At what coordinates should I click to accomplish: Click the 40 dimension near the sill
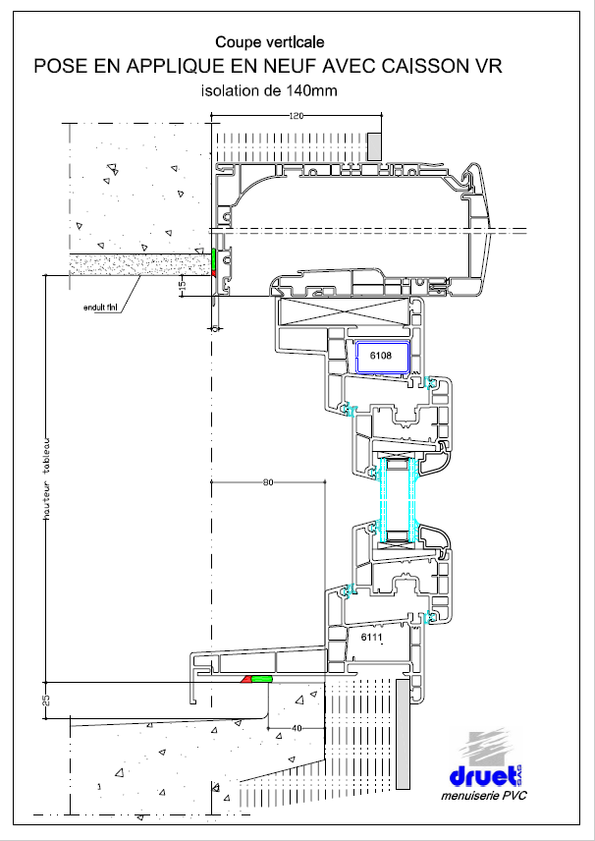(x=295, y=728)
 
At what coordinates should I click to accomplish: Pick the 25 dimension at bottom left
(x=44, y=701)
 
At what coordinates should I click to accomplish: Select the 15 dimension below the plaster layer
(x=182, y=285)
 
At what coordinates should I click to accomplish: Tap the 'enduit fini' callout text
(x=102, y=308)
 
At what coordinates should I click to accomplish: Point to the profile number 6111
(x=371, y=638)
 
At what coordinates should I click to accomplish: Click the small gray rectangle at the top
(x=373, y=147)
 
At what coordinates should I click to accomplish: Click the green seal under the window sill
(x=262, y=679)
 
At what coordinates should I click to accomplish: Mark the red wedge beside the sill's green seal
(x=245, y=679)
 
